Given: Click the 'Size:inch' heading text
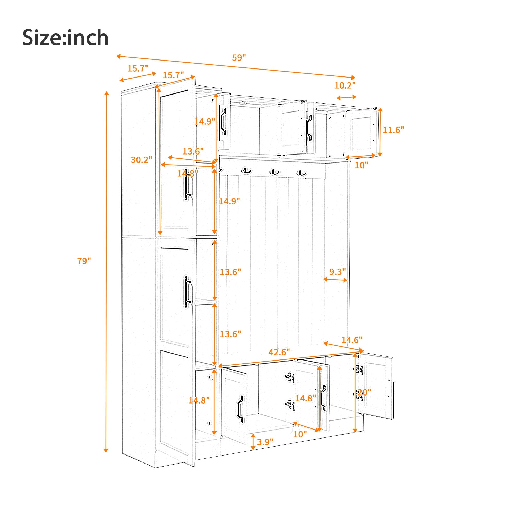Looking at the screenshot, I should tap(66, 38).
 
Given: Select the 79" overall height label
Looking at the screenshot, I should tap(84, 261).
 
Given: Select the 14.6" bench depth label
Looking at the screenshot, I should tap(352, 340).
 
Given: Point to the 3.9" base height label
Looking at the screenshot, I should tap(265, 442).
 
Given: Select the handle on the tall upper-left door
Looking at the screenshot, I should tap(187, 188).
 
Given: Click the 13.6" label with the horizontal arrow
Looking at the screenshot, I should tap(193, 151).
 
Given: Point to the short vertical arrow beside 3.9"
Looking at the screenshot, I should tap(253, 441).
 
